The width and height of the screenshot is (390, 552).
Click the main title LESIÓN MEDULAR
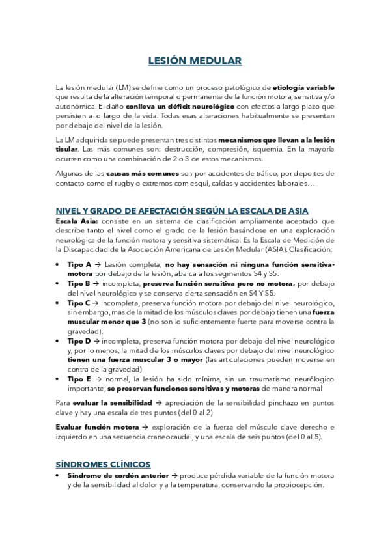(x=195, y=61)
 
